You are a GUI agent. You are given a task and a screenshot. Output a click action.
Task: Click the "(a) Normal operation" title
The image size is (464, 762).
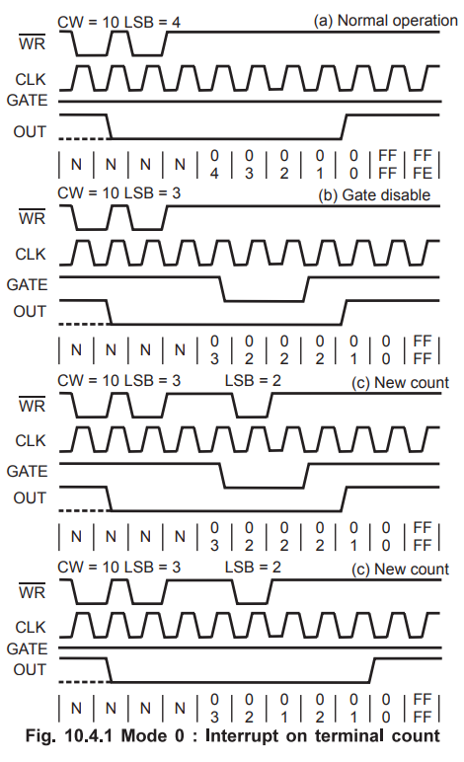tap(385, 21)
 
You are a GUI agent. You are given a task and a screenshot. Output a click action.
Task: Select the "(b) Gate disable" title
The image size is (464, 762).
tap(374, 194)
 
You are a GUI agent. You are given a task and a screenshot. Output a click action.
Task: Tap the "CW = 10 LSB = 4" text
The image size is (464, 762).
tap(118, 23)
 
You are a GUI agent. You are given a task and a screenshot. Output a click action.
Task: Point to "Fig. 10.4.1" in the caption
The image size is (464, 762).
tap(68, 735)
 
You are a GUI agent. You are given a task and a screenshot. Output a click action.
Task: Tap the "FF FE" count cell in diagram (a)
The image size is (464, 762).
tap(423, 164)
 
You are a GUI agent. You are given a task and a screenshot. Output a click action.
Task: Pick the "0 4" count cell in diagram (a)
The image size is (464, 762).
tap(214, 164)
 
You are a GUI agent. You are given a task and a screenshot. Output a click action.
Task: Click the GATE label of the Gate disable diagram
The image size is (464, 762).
tap(27, 284)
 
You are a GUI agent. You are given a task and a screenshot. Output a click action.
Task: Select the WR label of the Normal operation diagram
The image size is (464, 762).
tap(32, 42)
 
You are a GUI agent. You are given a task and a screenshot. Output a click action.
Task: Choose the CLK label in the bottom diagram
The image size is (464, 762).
tap(31, 627)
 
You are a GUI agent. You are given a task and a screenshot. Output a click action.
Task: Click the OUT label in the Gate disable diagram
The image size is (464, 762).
tap(30, 311)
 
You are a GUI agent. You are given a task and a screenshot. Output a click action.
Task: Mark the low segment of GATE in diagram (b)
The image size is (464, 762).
tap(264, 301)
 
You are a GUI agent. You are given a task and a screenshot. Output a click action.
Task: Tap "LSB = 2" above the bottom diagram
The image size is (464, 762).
tap(253, 568)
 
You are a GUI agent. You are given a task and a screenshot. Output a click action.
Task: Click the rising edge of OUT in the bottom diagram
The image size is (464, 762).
tap(372, 670)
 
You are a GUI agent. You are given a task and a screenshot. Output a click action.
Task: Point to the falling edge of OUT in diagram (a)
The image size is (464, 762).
tap(109, 127)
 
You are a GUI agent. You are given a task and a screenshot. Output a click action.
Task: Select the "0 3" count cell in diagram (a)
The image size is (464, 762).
tap(249, 164)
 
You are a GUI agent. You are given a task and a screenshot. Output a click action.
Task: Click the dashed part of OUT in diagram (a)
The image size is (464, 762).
tap(83, 139)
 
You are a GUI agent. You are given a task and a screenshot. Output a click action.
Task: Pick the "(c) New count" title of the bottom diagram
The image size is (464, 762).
tap(401, 570)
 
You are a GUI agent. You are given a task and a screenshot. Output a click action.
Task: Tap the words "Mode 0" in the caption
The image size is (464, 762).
tap(153, 735)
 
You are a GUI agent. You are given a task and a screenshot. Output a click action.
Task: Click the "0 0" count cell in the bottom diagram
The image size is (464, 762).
tap(386, 708)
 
